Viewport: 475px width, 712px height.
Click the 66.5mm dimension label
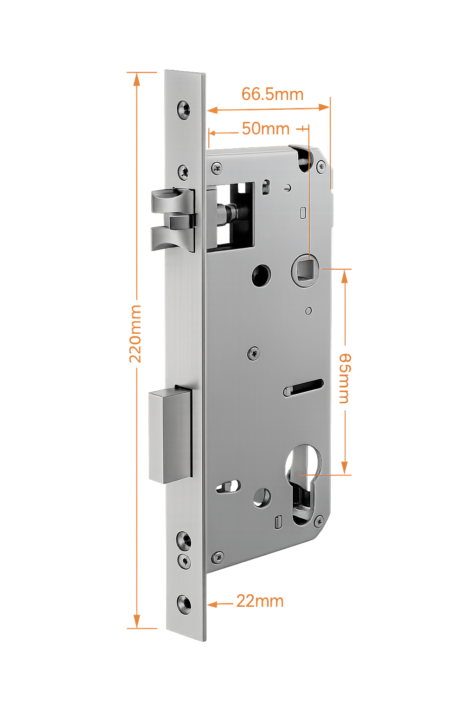point(272,94)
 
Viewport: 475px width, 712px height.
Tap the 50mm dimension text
point(265,128)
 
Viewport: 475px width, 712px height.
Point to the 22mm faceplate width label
point(260,601)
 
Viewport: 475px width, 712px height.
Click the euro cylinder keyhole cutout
point(303,482)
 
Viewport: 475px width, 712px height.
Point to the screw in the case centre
point(253,353)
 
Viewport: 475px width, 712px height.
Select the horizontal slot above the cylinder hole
point(304,387)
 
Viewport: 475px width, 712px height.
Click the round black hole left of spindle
point(262,275)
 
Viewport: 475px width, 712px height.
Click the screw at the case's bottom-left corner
point(217,557)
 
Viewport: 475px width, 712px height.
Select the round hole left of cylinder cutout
point(262,497)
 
